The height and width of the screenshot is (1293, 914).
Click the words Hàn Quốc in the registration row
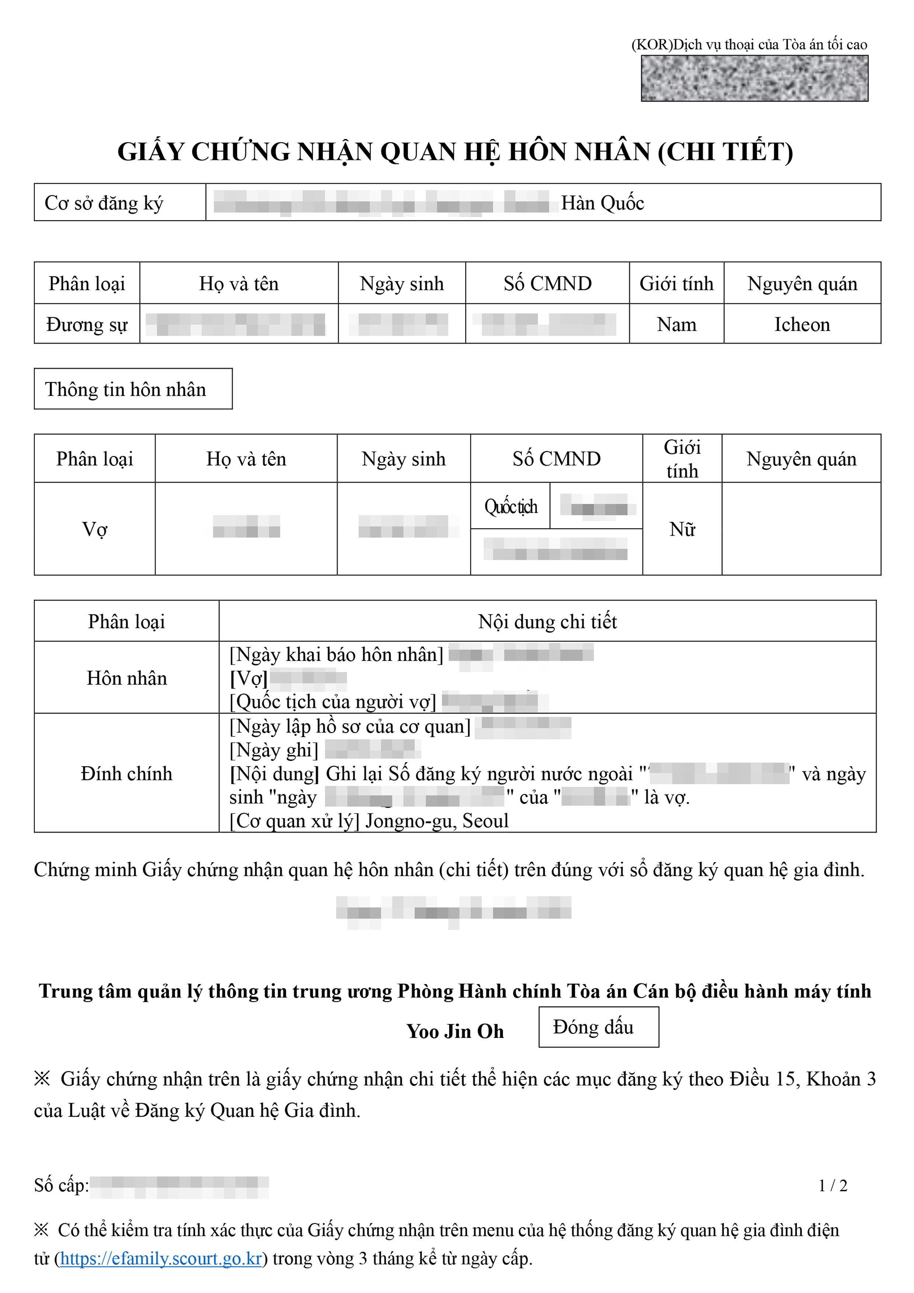602,203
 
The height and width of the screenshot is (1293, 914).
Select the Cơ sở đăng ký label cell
104,203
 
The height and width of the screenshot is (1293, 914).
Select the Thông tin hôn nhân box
126,389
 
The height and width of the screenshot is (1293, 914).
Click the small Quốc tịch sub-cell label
511,506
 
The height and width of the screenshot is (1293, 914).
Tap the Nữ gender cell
682,529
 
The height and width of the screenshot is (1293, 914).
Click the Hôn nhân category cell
127,677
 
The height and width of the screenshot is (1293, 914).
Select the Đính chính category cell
127,773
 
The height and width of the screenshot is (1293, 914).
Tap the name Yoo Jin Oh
455,1031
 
